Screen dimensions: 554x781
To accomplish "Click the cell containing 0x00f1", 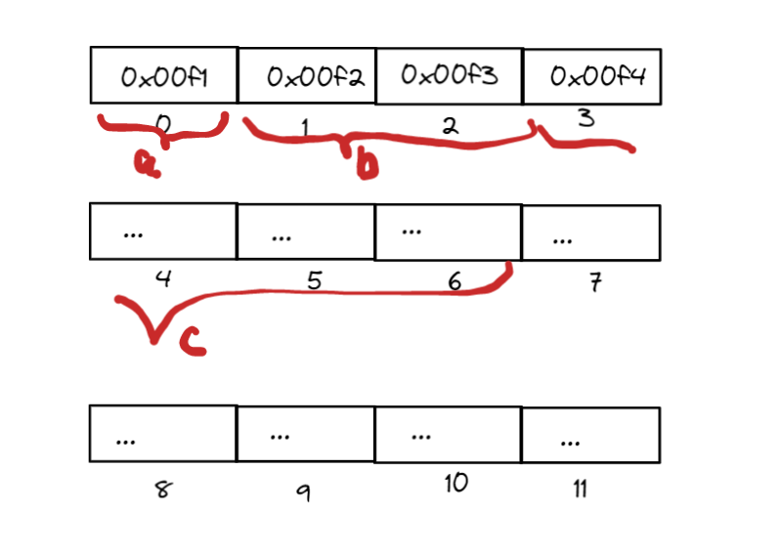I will click(163, 75).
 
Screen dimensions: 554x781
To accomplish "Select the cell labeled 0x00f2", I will click(306, 75).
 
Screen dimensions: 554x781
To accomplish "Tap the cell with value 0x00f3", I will click(449, 74).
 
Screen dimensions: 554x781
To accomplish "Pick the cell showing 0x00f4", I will click(591, 75).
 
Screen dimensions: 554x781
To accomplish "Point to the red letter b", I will click(366, 167).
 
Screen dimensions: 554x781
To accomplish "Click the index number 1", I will click(304, 127).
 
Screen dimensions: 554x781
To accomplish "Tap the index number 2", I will click(450, 126).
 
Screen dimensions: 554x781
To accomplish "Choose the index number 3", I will click(586, 119).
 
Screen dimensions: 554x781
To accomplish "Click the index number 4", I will click(163, 278).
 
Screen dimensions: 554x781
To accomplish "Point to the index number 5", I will click(313, 281).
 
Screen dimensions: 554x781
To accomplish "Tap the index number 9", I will click(303, 492).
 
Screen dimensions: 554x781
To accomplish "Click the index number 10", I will click(455, 483).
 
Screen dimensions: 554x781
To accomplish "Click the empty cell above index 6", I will click(449, 233).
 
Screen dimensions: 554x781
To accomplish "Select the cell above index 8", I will click(163, 433).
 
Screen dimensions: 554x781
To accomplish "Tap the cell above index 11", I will click(590, 435).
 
